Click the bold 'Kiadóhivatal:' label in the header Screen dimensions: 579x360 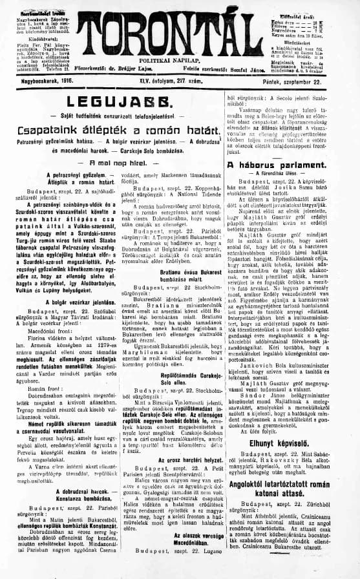click(x=25, y=37)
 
